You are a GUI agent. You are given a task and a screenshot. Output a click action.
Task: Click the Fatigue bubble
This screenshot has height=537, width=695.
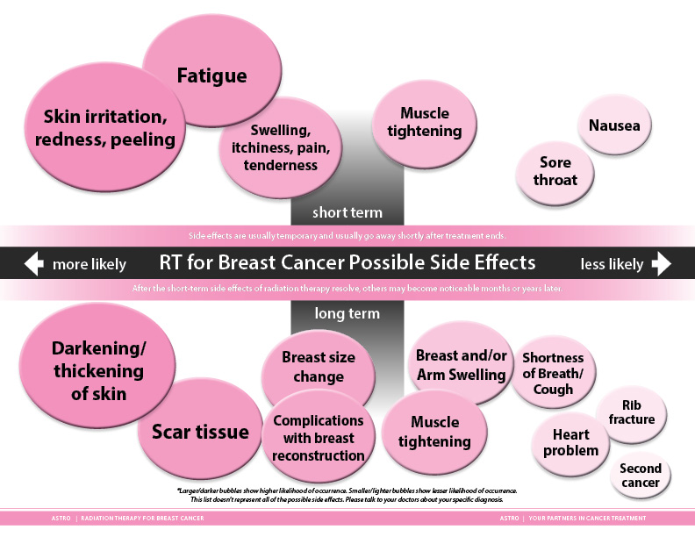tap(211, 75)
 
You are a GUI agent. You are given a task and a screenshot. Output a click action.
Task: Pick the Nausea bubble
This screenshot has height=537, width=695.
tap(614, 125)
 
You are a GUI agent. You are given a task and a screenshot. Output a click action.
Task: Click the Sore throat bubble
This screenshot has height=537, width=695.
tap(555, 171)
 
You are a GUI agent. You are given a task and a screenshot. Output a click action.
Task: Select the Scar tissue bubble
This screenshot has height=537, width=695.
tap(200, 432)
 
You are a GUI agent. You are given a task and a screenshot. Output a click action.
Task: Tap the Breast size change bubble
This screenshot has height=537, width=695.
tap(318, 368)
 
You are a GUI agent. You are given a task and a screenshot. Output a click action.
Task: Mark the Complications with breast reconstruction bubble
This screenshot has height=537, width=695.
tap(318, 438)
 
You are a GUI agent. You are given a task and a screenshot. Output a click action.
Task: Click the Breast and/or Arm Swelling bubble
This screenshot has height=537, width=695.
tap(461, 365)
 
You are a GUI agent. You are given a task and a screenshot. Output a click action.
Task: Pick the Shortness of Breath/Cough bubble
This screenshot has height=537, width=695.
tap(553, 373)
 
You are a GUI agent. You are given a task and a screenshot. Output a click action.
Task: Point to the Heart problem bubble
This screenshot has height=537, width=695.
tap(570, 442)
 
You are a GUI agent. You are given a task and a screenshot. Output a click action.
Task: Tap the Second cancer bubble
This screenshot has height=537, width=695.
tap(641, 475)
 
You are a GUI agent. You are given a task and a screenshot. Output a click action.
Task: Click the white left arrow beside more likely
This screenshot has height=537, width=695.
tap(33, 263)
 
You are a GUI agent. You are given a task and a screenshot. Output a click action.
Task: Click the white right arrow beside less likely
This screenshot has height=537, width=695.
tap(661, 263)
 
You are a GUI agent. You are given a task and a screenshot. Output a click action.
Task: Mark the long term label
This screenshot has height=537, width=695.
tap(347, 313)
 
